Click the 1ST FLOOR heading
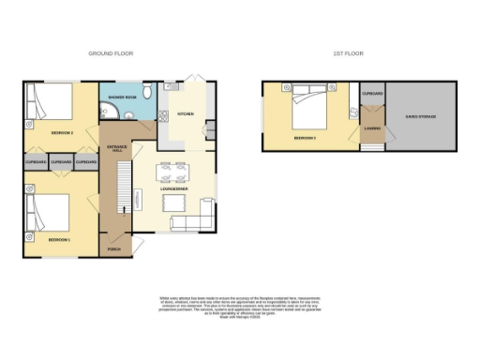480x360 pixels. click(349, 54)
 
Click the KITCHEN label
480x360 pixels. click(185, 113)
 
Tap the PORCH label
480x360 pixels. click(114, 249)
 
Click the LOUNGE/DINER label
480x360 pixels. click(174, 189)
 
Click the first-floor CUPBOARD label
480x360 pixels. click(371, 94)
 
